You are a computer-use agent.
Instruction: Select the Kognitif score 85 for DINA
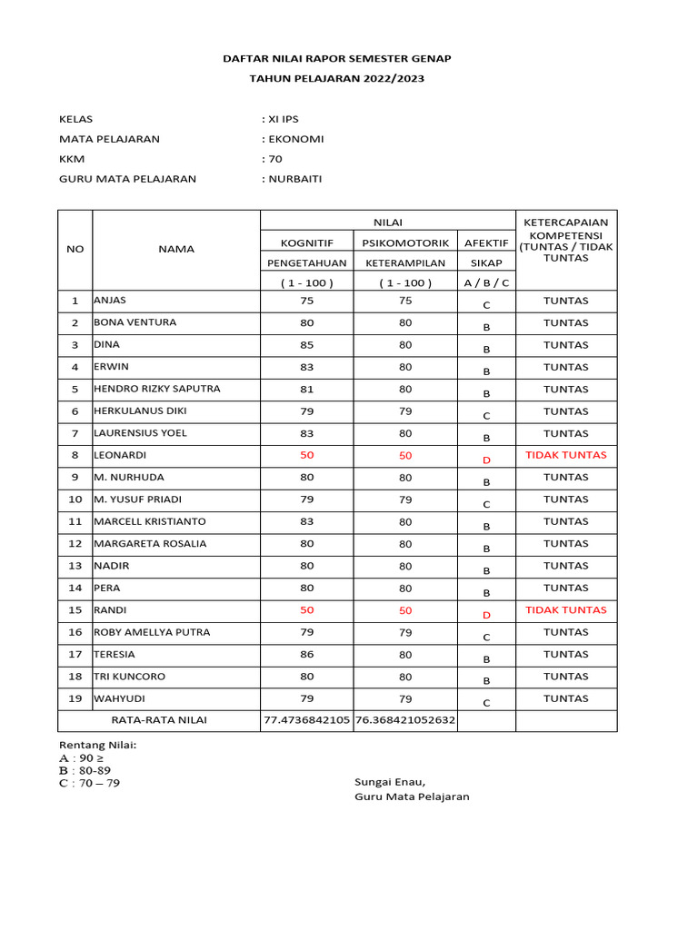[x=306, y=345]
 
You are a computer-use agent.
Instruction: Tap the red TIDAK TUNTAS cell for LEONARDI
[x=565, y=455]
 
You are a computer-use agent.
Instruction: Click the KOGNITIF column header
[x=306, y=242]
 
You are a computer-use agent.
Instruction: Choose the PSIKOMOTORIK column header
[x=405, y=242]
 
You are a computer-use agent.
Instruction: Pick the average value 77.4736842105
[x=306, y=720]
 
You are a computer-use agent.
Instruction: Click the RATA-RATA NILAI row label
[x=159, y=720]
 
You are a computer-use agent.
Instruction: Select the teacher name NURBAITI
[x=294, y=179]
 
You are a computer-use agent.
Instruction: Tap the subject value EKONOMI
[x=294, y=139]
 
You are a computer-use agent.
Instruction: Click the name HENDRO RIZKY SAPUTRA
[x=157, y=389]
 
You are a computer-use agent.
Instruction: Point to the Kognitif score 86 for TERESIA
[x=306, y=654]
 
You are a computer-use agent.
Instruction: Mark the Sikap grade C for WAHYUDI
[x=486, y=703]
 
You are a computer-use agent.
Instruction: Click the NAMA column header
[x=176, y=249]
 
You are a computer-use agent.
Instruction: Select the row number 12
[x=75, y=544]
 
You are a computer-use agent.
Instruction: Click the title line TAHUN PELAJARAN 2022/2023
[x=337, y=79]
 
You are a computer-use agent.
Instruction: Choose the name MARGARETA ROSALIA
[x=150, y=544]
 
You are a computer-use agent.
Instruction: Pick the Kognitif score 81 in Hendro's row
[x=306, y=389]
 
